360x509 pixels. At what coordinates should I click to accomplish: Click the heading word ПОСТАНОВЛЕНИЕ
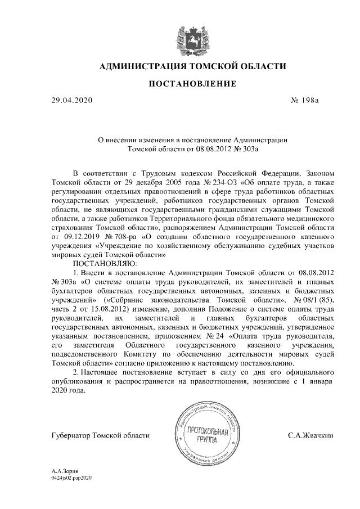(x=192, y=84)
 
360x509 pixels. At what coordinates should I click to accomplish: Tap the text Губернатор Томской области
(x=101, y=435)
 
